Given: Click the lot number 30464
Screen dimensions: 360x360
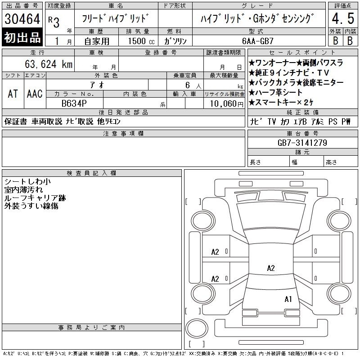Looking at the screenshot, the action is (x=22, y=18).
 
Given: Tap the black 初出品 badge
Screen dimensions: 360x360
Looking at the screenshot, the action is (x=22, y=37).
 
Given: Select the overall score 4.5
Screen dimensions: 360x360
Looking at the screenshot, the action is (x=343, y=18).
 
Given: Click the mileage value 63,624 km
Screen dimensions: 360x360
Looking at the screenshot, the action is (x=49, y=64).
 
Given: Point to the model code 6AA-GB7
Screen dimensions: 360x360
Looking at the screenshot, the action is (x=258, y=41).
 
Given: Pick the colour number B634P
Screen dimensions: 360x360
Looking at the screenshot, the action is (x=74, y=103).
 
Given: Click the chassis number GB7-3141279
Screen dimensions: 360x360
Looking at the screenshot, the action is (x=302, y=143).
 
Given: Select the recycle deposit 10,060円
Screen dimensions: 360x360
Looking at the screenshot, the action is (x=227, y=104).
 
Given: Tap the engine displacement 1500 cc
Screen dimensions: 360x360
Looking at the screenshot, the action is (x=141, y=41).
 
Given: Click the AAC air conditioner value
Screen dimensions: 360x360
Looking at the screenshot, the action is (x=35, y=94).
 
